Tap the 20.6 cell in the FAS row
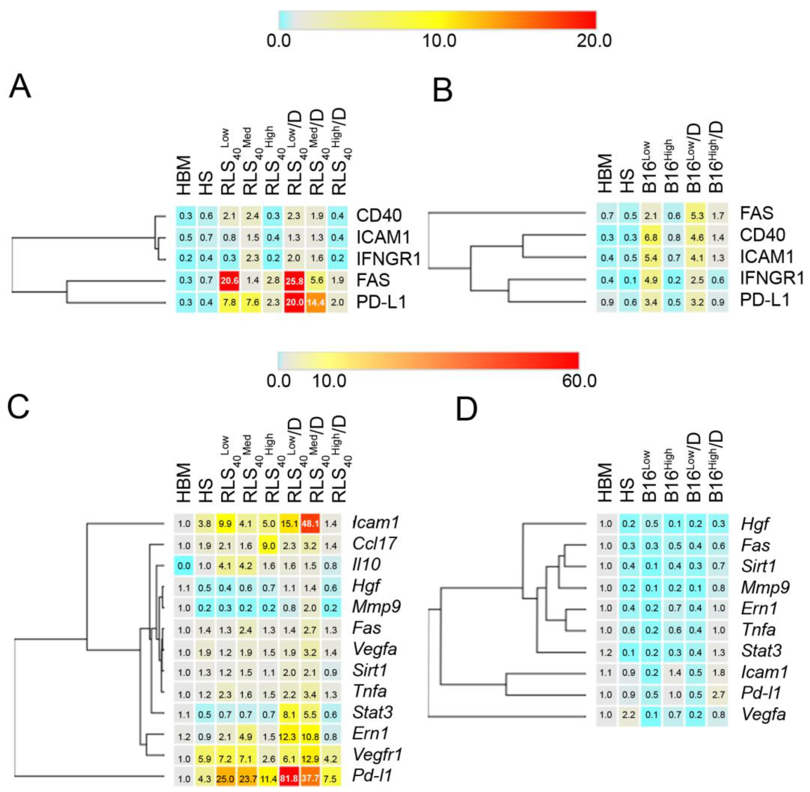tap(229, 280)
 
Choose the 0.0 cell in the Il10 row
tap(184, 566)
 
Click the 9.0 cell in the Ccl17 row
tap(269, 545)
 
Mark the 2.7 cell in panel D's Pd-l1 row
tap(718, 695)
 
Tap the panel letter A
tap(20, 87)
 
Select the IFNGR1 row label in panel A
tap(388, 259)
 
